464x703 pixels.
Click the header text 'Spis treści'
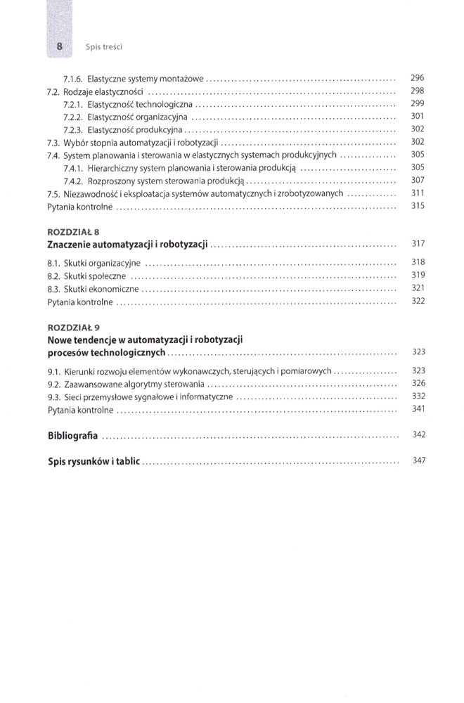click(104, 47)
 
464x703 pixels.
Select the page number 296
click(418, 77)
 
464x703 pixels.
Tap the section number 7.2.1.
click(74, 104)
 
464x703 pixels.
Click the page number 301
click(418, 116)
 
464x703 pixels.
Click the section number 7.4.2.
click(74, 181)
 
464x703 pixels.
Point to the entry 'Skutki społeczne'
click(95, 276)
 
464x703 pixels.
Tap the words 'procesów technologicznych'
click(107, 352)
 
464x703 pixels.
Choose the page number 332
click(418, 396)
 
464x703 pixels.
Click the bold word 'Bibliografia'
click(73, 435)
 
